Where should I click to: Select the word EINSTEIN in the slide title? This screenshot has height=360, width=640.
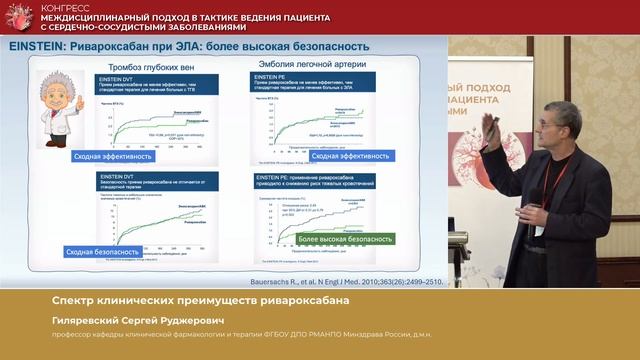point(37,46)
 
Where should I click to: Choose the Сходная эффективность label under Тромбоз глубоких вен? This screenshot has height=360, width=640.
point(113,157)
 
